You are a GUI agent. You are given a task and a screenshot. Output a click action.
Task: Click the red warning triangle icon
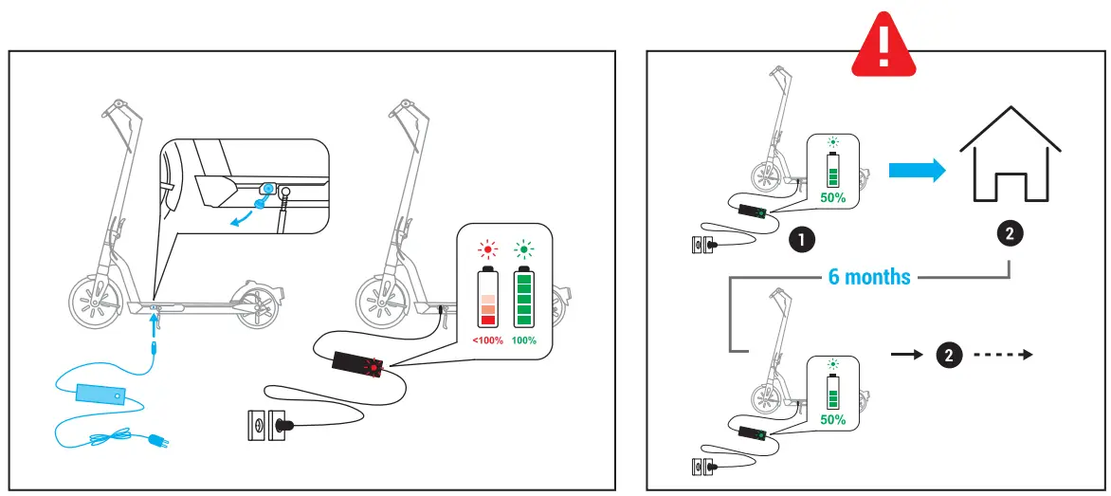(883, 43)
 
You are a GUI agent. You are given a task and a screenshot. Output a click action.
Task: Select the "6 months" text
(869, 278)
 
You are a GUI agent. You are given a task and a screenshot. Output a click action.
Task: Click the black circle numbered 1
(802, 240)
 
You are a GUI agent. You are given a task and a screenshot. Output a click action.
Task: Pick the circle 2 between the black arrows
(949, 355)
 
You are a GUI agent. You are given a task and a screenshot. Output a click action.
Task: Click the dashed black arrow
(1003, 355)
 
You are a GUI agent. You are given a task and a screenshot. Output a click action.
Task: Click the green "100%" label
(523, 340)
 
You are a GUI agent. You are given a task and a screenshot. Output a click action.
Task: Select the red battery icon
(488, 298)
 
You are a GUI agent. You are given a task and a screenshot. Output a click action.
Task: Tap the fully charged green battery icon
(523, 298)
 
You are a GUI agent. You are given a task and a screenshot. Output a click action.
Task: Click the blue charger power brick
(100, 395)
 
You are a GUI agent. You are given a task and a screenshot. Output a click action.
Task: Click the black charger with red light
(357, 365)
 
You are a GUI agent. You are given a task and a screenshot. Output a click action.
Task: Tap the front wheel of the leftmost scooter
(96, 304)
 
